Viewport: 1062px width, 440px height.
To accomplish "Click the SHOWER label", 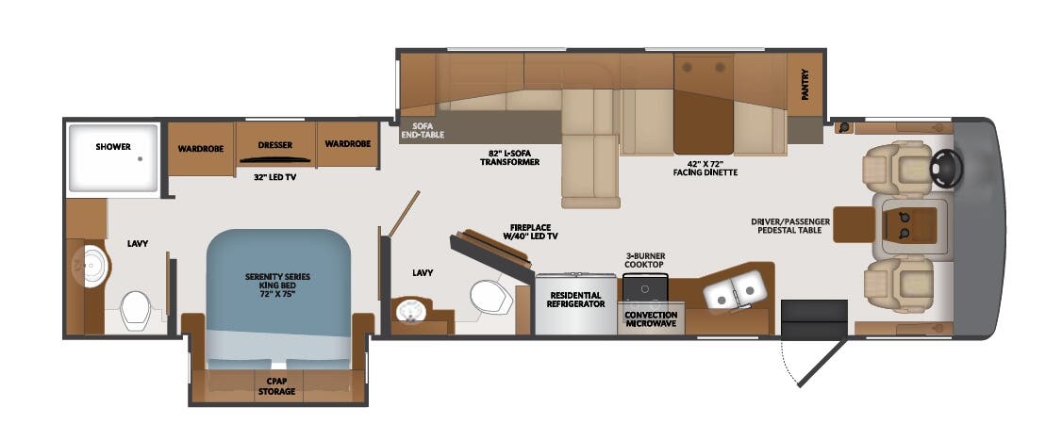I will (112, 146).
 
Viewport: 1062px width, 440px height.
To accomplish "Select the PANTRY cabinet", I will (805, 85).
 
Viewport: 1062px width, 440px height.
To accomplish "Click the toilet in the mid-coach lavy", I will (489, 296).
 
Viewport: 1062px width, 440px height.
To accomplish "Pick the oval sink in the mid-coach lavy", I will (413, 311).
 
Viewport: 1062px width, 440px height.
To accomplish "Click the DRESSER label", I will (274, 145).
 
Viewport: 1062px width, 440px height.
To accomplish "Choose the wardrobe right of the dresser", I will (347, 143).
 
